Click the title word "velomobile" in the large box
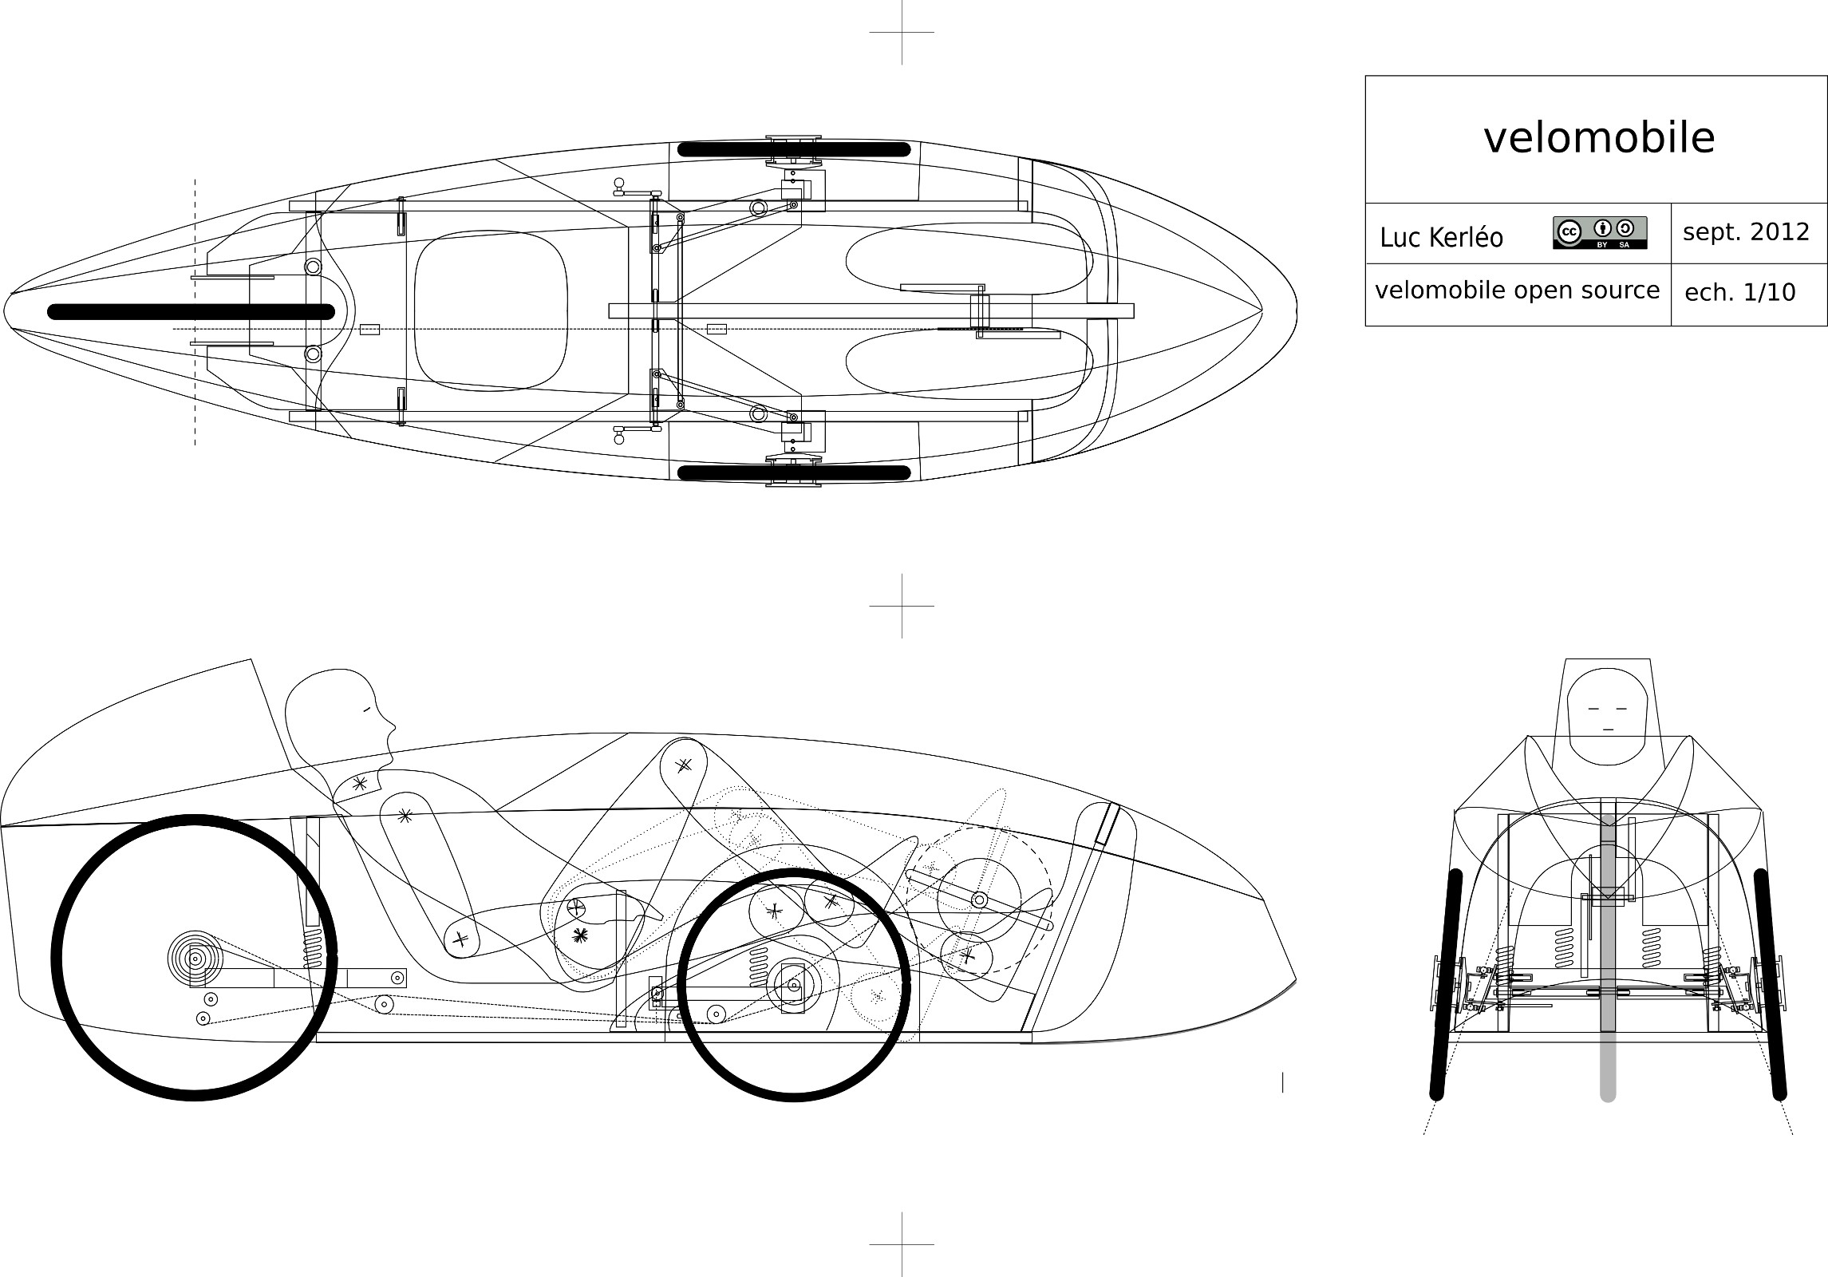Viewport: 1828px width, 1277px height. click(1598, 139)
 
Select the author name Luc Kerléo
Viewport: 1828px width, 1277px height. click(1441, 238)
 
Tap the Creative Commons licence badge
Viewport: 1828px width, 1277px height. click(1600, 233)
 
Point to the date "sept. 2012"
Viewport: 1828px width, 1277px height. click(1746, 232)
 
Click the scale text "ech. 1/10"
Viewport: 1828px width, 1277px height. click(1739, 293)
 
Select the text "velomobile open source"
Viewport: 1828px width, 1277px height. click(1517, 291)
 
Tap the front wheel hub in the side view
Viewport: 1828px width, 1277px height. click(794, 986)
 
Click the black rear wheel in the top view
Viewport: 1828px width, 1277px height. click(191, 312)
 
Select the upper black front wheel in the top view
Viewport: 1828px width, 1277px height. click(794, 149)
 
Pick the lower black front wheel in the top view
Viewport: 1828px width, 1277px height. click(794, 472)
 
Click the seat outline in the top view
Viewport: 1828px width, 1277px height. click(491, 312)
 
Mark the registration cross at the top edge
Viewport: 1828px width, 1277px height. click(902, 32)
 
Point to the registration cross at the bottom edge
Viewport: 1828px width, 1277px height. click(902, 1243)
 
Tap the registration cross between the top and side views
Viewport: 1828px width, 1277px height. click(902, 606)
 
